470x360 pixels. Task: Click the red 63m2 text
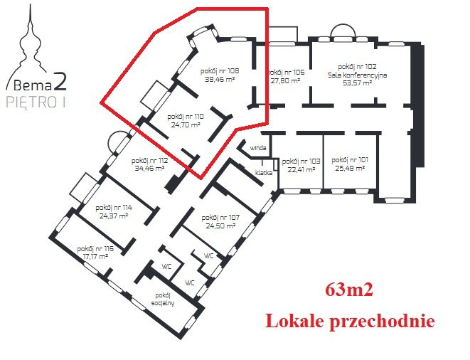point(349,290)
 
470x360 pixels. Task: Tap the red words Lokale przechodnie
point(350,322)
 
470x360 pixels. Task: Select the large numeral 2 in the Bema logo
point(60,82)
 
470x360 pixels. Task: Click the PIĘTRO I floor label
point(36,102)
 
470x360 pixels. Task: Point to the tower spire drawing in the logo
point(30,45)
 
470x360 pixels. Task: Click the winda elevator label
point(258,148)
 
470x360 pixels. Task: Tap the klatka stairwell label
point(264,173)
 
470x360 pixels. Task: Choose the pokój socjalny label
point(163,299)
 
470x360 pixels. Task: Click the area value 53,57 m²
point(357,83)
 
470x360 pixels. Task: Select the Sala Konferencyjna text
point(357,75)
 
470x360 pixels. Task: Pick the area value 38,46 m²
point(220,80)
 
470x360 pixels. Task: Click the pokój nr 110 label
point(186,117)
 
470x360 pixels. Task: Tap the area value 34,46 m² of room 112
point(149,169)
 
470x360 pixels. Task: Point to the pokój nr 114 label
point(114,208)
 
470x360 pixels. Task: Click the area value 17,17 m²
point(95,257)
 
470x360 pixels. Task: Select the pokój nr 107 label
point(220,218)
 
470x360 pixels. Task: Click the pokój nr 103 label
point(301,162)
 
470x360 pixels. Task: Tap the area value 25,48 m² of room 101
point(350,169)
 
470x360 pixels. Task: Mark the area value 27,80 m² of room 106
point(286,80)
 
